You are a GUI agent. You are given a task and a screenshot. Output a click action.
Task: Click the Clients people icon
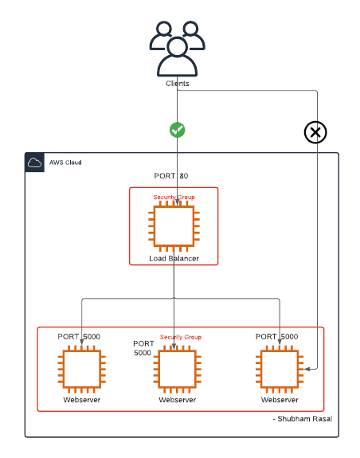click(177, 47)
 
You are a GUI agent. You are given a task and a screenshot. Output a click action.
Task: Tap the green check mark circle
click(177, 129)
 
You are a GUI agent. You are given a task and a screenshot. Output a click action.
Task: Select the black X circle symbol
click(316, 132)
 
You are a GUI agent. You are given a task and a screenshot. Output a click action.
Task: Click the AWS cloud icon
click(34, 162)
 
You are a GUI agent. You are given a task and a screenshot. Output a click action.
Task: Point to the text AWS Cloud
click(64, 162)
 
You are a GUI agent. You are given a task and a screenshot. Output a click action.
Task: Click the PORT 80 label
click(171, 176)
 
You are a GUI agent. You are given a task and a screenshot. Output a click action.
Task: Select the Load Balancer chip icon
click(174, 226)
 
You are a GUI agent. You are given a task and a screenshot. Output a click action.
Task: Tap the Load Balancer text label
click(174, 259)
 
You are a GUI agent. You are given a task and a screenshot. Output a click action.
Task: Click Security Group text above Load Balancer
click(174, 196)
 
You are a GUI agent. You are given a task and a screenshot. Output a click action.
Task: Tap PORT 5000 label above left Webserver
click(79, 337)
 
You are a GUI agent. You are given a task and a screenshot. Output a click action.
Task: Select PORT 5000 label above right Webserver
click(276, 337)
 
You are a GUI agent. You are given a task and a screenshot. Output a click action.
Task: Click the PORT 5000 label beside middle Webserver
click(143, 348)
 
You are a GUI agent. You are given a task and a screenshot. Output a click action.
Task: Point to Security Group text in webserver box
click(181, 337)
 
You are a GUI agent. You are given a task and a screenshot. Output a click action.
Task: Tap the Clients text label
click(177, 83)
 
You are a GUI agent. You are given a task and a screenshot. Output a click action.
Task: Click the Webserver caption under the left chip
click(82, 400)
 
